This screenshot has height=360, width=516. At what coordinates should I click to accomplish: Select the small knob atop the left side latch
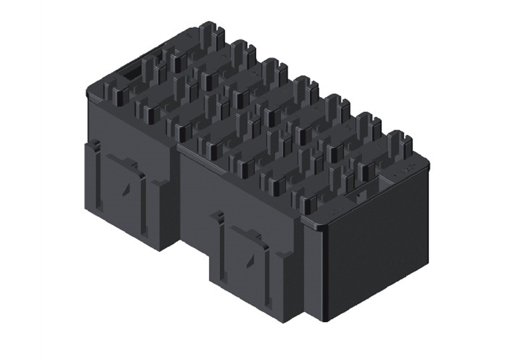(96, 145)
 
